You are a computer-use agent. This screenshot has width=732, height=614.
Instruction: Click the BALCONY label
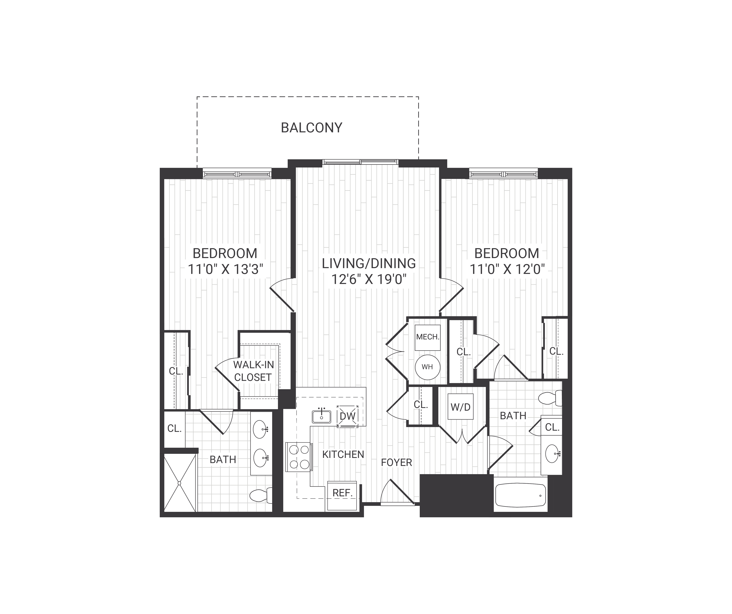311,128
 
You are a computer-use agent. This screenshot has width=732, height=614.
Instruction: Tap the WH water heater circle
427,367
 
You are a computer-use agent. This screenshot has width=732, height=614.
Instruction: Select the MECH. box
427,337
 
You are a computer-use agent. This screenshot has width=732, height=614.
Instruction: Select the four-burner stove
299,457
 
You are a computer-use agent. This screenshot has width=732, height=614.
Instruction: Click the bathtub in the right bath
520,495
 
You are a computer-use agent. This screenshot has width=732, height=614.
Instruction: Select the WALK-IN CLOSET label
253,371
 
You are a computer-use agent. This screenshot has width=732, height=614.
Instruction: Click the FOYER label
396,462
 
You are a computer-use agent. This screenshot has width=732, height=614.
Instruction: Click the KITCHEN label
343,454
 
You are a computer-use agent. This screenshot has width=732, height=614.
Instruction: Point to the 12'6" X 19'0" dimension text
369,279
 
